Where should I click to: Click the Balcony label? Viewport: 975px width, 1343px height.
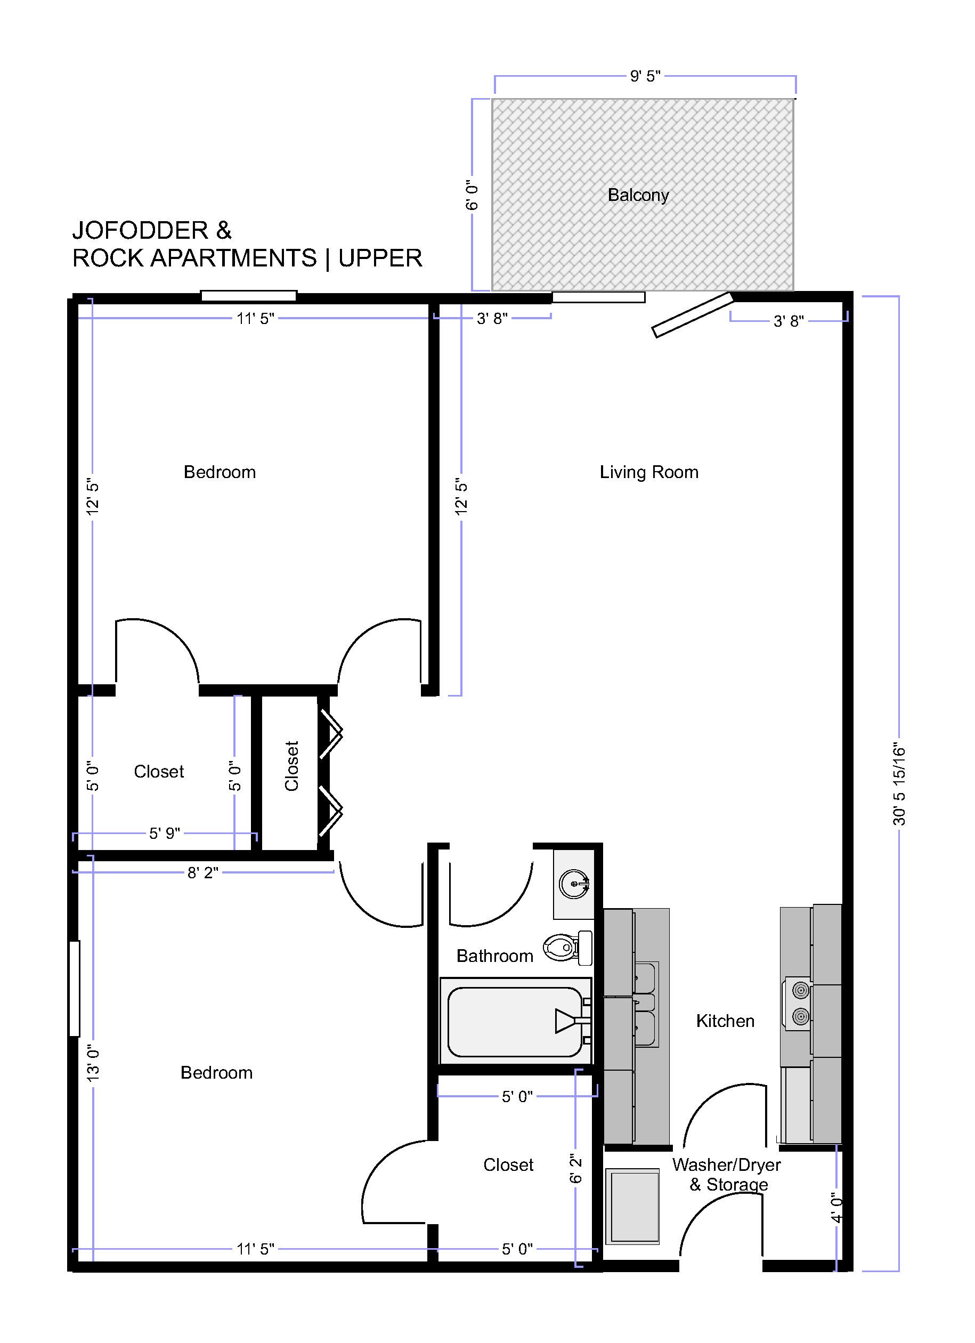click(x=638, y=196)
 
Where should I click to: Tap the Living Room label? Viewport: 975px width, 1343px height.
click(x=649, y=472)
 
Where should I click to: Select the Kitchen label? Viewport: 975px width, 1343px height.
click(x=725, y=1021)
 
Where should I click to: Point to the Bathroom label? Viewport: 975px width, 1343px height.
click(x=495, y=956)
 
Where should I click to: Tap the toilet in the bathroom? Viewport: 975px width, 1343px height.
click(x=568, y=947)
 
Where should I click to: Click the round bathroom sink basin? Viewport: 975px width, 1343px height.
click(x=574, y=884)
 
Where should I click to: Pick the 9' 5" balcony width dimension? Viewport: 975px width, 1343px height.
click(x=645, y=76)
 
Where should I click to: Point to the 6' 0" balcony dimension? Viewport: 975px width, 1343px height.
click(x=472, y=195)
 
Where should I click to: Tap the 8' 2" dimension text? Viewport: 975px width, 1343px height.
click(x=203, y=873)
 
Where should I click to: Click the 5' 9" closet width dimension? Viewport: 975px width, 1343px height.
click(x=165, y=834)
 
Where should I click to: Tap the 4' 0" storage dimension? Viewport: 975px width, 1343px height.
click(x=836, y=1208)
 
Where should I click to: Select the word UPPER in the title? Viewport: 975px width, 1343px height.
click(x=380, y=258)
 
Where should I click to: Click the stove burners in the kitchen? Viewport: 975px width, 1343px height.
click(x=800, y=1003)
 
